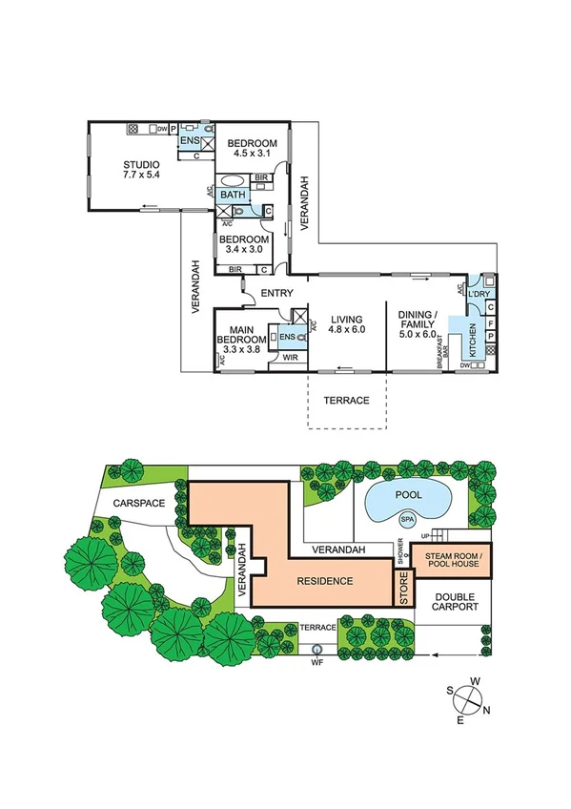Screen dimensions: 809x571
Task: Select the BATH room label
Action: tap(232, 194)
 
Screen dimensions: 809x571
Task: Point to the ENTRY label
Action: tap(277, 293)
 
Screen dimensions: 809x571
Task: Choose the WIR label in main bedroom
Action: tap(290, 359)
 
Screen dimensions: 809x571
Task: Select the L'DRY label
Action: tap(479, 295)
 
